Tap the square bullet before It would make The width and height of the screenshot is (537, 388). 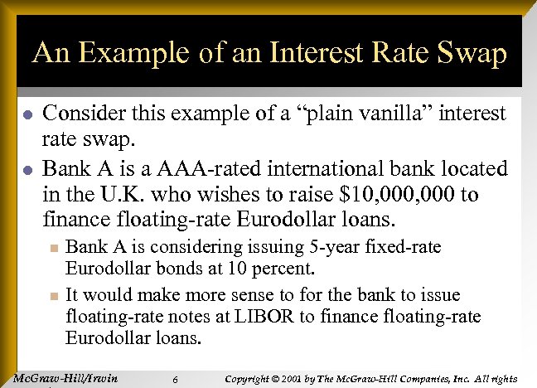pyautogui.click(x=52, y=296)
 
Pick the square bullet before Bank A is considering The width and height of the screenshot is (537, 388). pyautogui.click(x=52, y=247)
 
